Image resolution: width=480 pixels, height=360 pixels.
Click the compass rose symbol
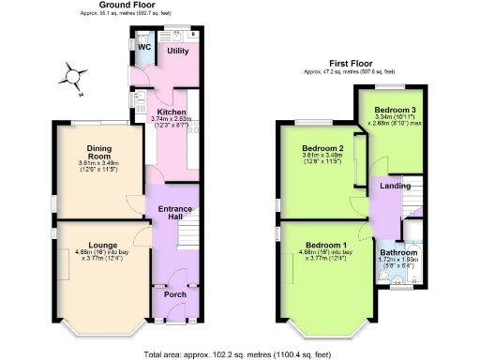coord(75,76)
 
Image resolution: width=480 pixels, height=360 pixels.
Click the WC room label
coord(144,47)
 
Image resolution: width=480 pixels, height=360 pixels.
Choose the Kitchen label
coord(172,112)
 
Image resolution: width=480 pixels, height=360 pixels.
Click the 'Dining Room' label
coord(99,153)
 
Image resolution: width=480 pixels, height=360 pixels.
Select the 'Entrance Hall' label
coord(175,213)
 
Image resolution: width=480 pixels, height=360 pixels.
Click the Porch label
coord(174,294)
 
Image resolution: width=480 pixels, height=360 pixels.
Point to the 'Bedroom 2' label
coord(322,148)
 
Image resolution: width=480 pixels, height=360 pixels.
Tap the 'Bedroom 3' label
coord(388,110)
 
